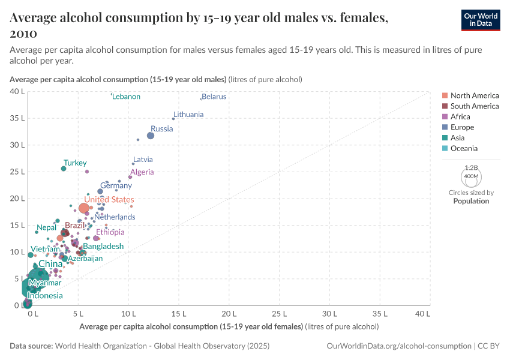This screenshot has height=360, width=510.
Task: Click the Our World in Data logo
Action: [x=481, y=20]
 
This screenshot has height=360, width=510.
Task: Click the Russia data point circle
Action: [x=151, y=136]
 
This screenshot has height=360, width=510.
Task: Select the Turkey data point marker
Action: [x=64, y=169]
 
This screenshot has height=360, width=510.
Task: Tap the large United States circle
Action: [x=84, y=208]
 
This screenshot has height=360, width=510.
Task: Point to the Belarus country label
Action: [x=214, y=97]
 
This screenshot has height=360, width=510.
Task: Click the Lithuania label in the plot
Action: [x=188, y=114]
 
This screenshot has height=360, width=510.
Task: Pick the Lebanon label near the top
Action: [x=127, y=97]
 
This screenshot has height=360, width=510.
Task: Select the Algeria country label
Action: [x=142, y=172]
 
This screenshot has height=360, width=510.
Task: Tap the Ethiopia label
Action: [x=110, y=232]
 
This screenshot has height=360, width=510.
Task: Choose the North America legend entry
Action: [x=474, y=95]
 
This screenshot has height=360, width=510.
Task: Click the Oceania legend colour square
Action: [x=444, y=148]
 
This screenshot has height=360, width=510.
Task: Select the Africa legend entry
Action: [x=460, y=116]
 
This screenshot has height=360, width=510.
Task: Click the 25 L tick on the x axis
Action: [x=279, y=313]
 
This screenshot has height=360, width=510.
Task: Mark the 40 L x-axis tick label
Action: [x=422, y=313]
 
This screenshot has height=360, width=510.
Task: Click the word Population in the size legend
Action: [x=471, y=201]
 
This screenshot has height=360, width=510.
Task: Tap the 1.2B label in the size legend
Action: [x=471, y=167]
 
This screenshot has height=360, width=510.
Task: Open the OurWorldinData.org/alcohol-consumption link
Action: [x=399, y=346]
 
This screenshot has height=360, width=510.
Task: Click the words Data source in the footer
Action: [x=31, y=346]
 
